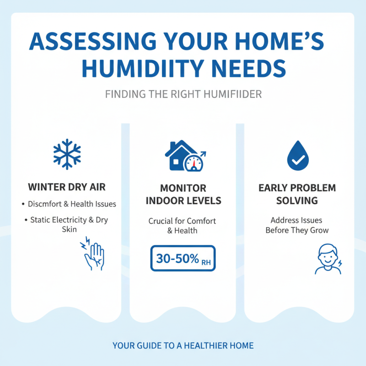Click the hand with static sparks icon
coord(93,253)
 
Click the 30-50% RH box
coord(183,258)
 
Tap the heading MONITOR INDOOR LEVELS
coord(183,194)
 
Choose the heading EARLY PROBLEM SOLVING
coord(297,194)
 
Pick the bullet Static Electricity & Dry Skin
coord(69,224)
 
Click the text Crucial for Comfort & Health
coord(182,226)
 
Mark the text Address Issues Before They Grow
coord(297,225)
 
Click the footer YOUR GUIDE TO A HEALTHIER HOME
coord(183,345)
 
